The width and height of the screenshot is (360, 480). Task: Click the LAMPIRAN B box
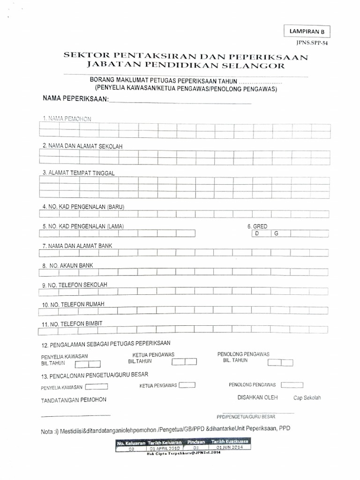307,31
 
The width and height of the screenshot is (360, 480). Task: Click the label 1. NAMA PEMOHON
66,119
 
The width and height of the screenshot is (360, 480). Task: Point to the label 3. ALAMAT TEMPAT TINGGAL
78,172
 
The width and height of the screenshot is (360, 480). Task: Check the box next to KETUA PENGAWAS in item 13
187,385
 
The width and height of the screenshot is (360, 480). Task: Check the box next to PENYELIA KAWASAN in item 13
97,387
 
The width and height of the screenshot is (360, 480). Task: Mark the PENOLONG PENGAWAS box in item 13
291,385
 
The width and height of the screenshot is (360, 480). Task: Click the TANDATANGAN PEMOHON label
74,399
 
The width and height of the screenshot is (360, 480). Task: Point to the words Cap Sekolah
307,398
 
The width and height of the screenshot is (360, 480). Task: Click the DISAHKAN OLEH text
258,397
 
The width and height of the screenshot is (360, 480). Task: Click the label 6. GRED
257,226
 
